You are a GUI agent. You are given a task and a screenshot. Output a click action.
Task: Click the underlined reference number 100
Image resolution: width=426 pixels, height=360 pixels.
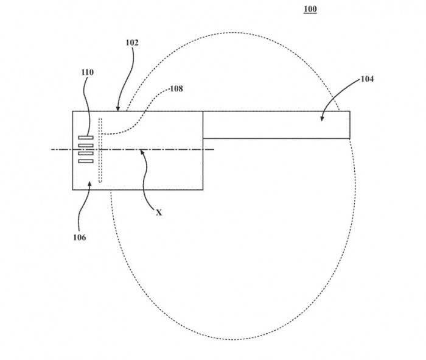pos(310,9)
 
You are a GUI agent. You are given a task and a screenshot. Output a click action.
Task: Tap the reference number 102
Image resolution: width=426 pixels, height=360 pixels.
pos(132,43)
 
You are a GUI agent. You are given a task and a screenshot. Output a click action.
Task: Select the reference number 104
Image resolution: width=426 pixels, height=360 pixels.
pos(367,79)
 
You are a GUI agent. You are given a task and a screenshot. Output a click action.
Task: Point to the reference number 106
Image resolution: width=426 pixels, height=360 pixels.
pos(80,238)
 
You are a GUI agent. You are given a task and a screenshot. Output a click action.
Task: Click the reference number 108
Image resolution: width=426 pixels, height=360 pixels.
pos(176,89)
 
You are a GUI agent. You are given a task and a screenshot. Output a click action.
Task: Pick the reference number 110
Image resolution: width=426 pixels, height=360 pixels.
pos(88,72)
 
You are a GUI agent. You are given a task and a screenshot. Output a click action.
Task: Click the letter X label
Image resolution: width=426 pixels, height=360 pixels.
pos(159,213)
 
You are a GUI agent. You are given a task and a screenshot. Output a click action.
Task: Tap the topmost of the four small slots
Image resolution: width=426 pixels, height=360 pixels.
pos(86,138)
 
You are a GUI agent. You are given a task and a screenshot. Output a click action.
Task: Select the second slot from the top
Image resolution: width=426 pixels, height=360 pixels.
pos(86,146)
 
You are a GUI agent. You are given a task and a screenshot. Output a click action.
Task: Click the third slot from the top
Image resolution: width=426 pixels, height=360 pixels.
pos(86,154)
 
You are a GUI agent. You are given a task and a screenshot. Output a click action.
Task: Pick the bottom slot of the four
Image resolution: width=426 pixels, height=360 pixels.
pos(86,161)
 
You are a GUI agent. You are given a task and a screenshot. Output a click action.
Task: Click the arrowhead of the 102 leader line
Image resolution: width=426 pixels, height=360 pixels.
pos(117,109)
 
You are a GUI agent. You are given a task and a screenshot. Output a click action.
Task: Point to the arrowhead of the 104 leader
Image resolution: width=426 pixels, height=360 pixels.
pos(322,119)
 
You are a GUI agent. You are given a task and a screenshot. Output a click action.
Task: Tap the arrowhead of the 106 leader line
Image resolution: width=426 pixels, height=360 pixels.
pos(89,184)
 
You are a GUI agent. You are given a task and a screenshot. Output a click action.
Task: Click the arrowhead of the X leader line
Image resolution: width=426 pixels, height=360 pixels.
pos(142,152)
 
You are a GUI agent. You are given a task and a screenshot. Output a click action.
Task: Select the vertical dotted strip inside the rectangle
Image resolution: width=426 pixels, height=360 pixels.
pos(100,150)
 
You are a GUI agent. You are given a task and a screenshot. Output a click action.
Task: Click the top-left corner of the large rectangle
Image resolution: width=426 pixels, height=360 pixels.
pos(72,111)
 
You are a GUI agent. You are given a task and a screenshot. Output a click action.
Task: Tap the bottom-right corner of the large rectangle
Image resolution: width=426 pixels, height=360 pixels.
pos(203,189)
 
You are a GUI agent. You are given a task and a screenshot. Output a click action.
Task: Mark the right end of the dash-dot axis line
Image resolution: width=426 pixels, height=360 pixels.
pos(214,149)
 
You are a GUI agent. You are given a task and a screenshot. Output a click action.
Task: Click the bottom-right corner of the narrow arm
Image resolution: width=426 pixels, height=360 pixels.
pos(350,138)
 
